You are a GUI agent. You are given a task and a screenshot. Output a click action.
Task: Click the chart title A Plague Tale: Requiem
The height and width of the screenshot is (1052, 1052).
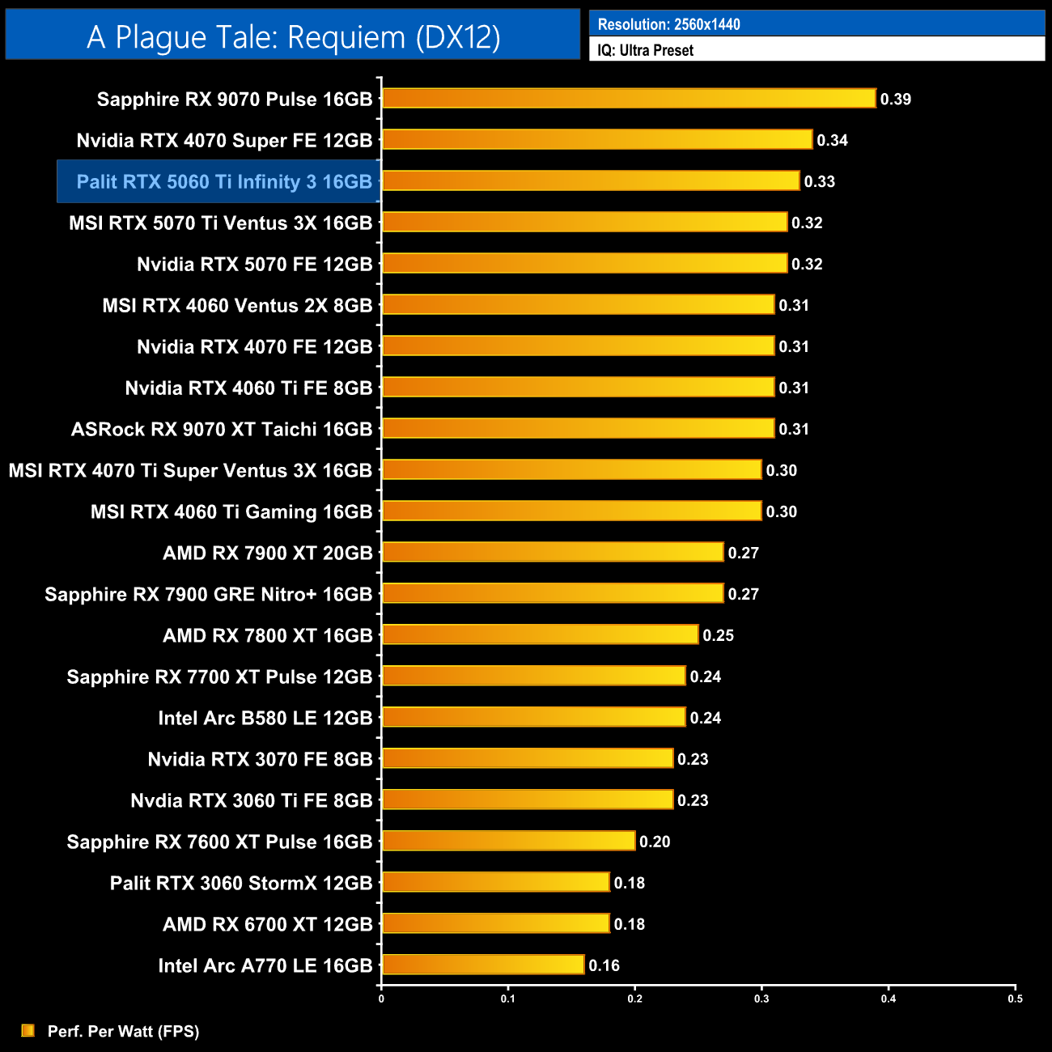(293, 37)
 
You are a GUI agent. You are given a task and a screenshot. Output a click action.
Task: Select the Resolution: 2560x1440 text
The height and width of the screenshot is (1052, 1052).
(668, 24)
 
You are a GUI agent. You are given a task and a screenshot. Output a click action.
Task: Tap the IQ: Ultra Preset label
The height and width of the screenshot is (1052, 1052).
(645, 50)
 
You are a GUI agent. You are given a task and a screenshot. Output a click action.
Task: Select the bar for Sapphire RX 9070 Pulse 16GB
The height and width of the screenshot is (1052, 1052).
(629, 99)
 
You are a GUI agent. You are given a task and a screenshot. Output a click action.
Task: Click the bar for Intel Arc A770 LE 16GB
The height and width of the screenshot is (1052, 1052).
(483, 965)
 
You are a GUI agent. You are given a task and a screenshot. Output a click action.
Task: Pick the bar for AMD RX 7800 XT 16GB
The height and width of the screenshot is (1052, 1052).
(540, 634)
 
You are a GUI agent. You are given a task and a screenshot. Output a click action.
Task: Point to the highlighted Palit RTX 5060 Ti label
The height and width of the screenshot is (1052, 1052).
(223, 181)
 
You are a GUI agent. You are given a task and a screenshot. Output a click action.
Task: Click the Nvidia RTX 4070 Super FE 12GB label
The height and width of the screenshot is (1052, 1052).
(224, 141)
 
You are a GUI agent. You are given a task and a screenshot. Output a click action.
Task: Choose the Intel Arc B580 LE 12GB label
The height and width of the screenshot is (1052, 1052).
(265, 718)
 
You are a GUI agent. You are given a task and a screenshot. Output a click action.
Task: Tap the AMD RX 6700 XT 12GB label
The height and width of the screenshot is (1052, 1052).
(267, 924)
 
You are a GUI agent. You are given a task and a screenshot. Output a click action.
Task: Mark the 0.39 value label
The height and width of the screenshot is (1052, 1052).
(896, 100)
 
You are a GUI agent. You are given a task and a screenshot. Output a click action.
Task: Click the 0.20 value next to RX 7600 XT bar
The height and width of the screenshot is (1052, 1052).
(655, 842)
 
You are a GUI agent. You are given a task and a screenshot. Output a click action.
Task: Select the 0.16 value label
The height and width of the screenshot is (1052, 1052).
(604, 965)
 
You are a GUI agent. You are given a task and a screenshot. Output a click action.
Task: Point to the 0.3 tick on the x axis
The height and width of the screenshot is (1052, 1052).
(761, 999)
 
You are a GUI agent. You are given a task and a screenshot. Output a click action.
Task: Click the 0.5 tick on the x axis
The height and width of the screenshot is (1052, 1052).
(1015, 999)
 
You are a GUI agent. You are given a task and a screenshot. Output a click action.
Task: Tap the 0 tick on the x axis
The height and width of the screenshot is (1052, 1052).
(381, 999)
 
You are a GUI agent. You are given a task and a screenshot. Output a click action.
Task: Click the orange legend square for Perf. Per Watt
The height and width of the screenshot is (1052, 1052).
(28, 1030)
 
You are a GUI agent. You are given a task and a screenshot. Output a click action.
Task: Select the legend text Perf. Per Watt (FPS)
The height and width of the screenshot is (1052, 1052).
(123, 1031)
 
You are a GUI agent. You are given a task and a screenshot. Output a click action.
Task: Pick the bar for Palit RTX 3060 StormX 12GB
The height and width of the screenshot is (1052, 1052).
(495, 882)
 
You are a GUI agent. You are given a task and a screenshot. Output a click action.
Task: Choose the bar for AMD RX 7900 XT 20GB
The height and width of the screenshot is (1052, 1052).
(553, 552)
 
